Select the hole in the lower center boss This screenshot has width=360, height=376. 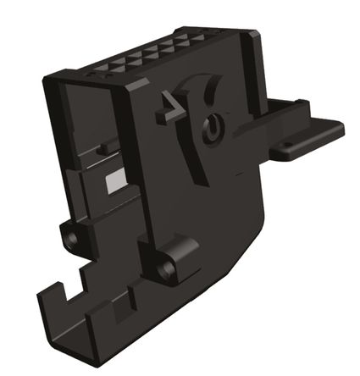[x=164, y=269]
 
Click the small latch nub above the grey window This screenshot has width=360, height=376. [x=102, y=150]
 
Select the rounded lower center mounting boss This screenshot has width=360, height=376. [x=174, y=257]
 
